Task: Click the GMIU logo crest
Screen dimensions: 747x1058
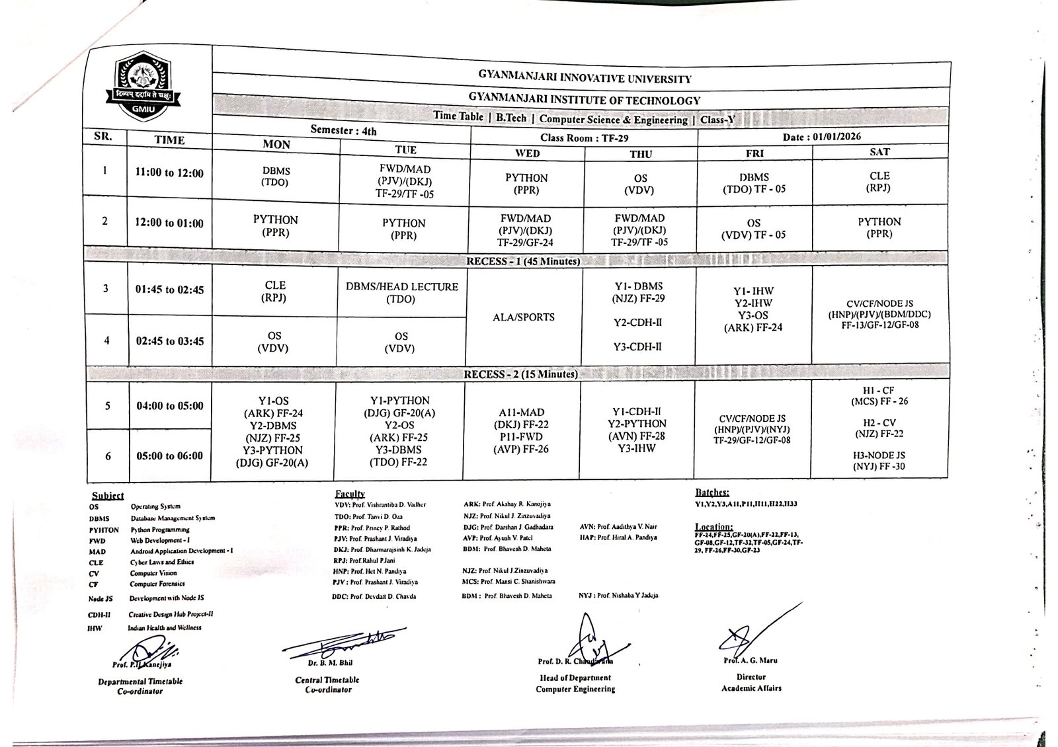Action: [x=142, y=85]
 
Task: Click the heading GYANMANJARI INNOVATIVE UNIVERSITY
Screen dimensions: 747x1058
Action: [x=585, y=79]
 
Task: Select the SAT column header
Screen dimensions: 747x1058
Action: [x=879, y=152]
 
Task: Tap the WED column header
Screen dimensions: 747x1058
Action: [x=527, y=153]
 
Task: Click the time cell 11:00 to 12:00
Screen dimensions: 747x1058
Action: [x=169, y=173]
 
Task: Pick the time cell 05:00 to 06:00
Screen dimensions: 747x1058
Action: [x=169, y=455]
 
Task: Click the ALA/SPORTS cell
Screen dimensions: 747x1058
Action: [x=524, y=317]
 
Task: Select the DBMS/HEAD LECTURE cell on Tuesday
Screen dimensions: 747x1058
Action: [x=401, y=293]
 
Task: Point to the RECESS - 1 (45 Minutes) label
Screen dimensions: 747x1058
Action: [x=523, y=261]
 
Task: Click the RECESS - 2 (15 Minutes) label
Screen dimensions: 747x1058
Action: [x=520, y=374]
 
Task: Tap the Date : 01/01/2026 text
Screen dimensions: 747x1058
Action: [x=821, y=137]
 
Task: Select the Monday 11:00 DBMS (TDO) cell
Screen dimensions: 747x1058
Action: [x=276, y=176]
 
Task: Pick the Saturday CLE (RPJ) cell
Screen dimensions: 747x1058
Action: [x=879, y=181]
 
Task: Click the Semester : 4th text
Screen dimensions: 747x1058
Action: [x=343, y=130]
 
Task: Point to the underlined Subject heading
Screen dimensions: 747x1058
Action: [x=108, y=496]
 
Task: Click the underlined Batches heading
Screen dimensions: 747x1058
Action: [x=712, y=492]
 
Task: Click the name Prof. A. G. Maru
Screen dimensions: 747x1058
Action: [x=751, y=660]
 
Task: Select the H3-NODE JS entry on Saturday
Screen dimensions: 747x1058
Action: [x=879, y=461]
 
